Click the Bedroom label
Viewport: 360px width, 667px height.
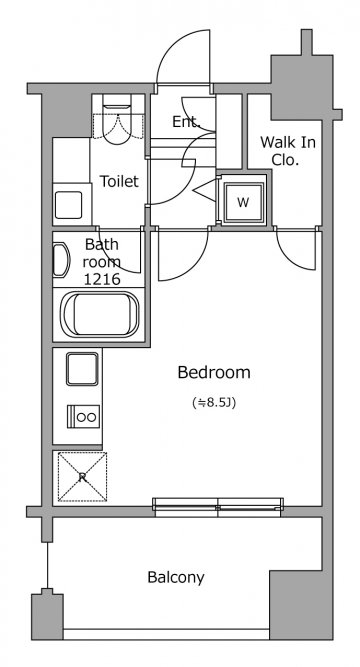[x=214, y=373]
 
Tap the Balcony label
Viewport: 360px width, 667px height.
[x=176, y=578]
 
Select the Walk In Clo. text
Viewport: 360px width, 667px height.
[x=288, y=151]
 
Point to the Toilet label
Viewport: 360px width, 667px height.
[x=119, y=182]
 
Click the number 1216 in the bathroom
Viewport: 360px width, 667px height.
[x=102, y=279]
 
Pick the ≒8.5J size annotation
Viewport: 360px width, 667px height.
[x=214, y=402]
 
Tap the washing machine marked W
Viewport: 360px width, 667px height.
[x=243, y=202]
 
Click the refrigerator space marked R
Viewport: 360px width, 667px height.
[x=82, y=477]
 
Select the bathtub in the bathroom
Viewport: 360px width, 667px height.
[x=100, y=314]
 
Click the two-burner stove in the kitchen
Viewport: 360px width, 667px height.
[x=84, y=416]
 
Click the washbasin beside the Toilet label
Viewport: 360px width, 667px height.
[x=69, y=205]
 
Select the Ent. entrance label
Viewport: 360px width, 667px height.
[x=186, y=122]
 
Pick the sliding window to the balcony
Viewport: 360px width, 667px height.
[x=218, y=507]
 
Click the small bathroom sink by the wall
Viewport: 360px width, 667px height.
[x=61, y=259]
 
